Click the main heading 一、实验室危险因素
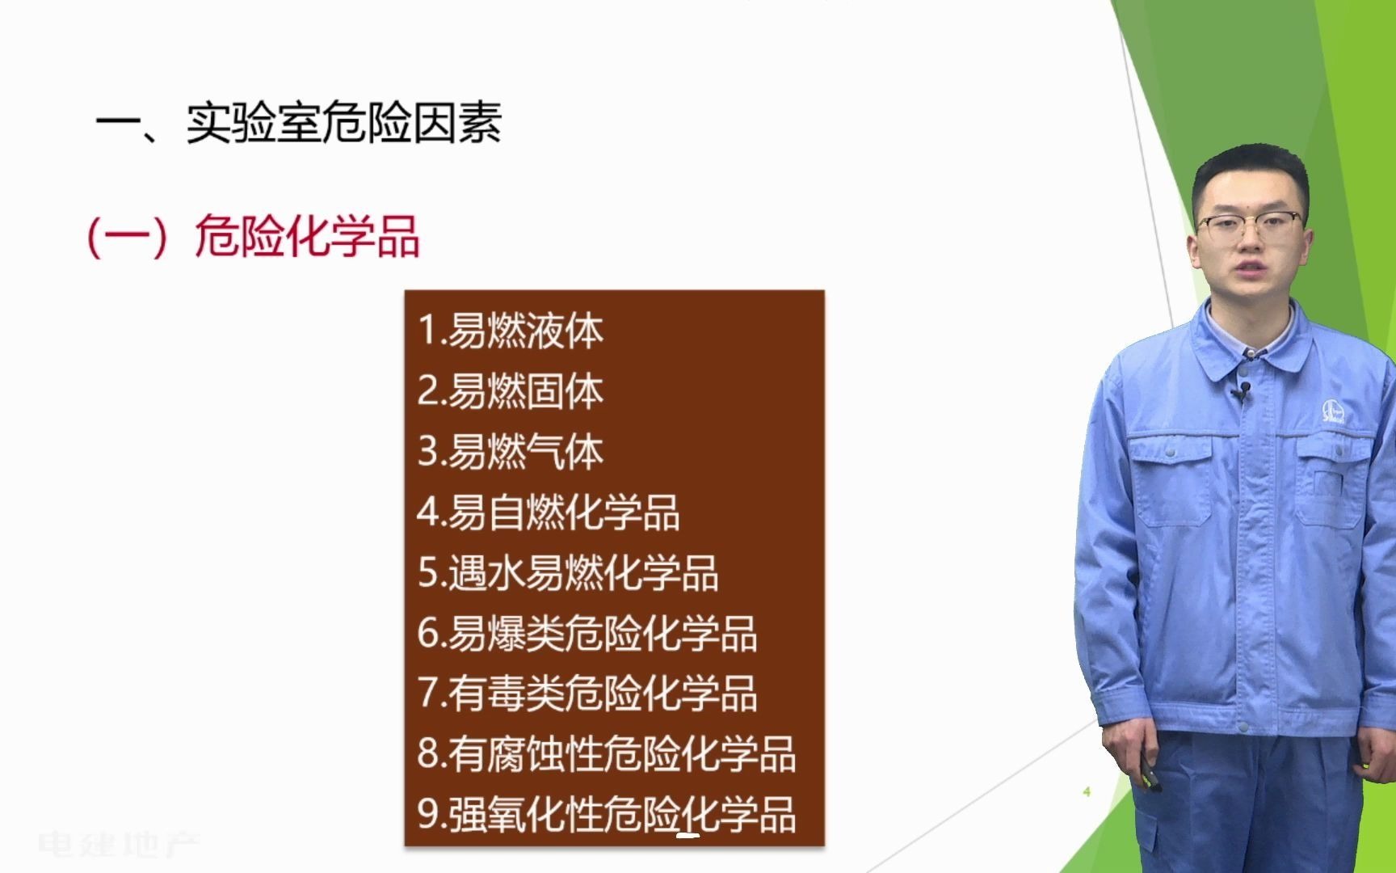299,123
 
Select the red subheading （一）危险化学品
253,237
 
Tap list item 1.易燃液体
511,331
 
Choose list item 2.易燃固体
511,391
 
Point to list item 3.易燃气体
511,452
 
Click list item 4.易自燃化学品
549,512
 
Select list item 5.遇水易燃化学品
568,573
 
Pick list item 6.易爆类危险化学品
587,634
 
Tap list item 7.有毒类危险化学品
587,694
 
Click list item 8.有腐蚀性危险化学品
607,754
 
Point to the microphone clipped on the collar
1243,392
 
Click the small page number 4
1087,791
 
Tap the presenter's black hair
1248,170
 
